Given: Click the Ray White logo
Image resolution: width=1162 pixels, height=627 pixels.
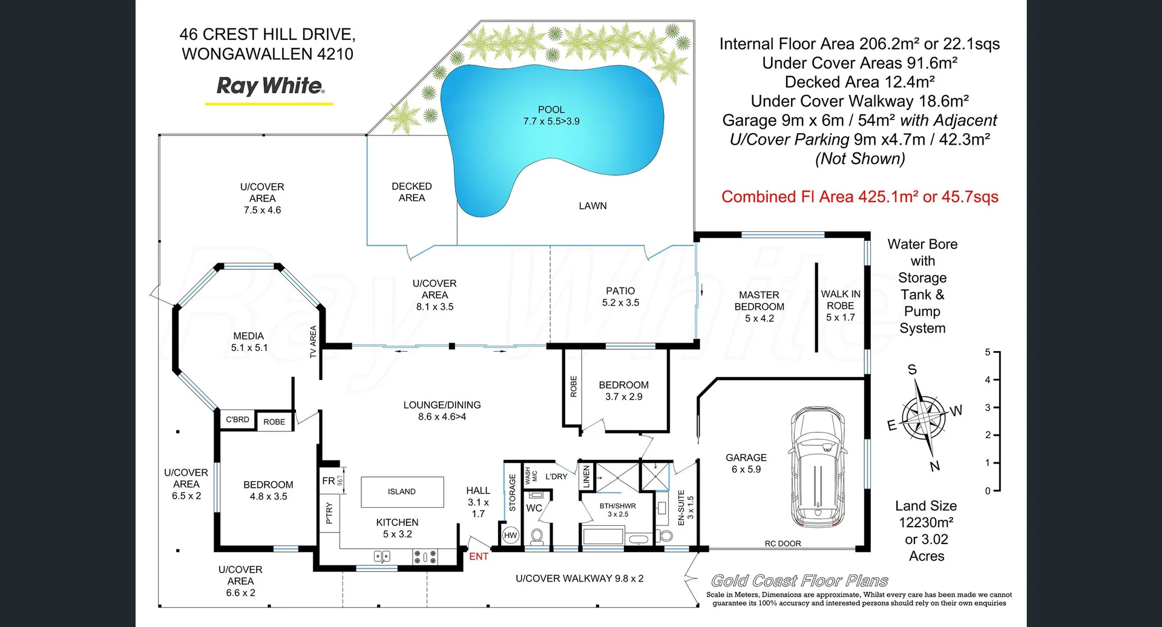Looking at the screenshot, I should tap(270, 86).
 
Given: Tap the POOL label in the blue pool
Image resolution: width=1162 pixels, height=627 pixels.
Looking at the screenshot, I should tap(551, 110).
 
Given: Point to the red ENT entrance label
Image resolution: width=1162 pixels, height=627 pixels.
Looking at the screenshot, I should tap(479, 556).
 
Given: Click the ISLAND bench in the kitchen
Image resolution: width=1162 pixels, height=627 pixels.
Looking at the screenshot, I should tap(402, 491).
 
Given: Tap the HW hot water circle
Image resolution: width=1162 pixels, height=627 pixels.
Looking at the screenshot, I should tap(510, 535).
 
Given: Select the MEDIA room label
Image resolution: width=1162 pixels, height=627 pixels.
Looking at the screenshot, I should tap(249, 336).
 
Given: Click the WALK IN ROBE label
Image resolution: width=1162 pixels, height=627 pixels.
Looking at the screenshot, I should tap(840, 300).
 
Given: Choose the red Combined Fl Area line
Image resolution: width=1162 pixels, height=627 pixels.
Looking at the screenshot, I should tap(859, 197).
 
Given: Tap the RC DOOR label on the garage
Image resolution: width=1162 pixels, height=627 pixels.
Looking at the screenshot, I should tap(783, 543).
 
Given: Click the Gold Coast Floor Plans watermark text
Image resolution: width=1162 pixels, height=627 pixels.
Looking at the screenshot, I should tap(799, 581).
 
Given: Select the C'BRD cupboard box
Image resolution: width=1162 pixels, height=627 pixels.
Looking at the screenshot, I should tap(237, 419).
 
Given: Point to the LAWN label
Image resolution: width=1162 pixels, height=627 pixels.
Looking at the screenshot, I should tap(592, 206).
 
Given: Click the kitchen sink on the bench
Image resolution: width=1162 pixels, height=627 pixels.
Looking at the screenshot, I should tap(382, 556).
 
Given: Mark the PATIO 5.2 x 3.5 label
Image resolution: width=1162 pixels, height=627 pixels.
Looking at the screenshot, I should tap(620, 297).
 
